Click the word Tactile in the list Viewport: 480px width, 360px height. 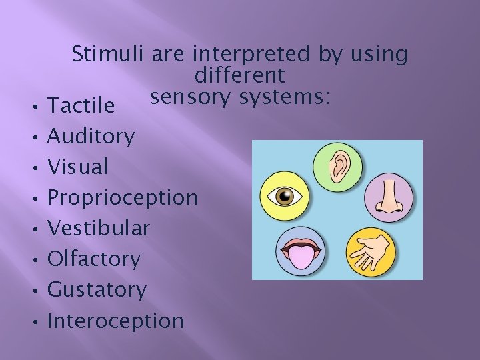82,105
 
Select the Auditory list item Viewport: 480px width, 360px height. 92,137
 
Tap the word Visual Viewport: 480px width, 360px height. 78,167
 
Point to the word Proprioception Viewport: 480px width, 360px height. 123,198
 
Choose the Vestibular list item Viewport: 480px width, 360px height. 99,229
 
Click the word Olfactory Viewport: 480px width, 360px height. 94,259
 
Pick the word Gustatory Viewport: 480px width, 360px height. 97,290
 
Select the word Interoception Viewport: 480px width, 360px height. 115,321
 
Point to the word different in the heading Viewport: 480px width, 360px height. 241,75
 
